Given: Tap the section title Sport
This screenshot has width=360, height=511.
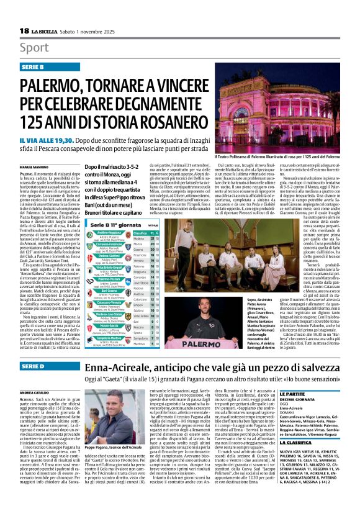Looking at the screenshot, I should pyautogui.click(x=35, y=48).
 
